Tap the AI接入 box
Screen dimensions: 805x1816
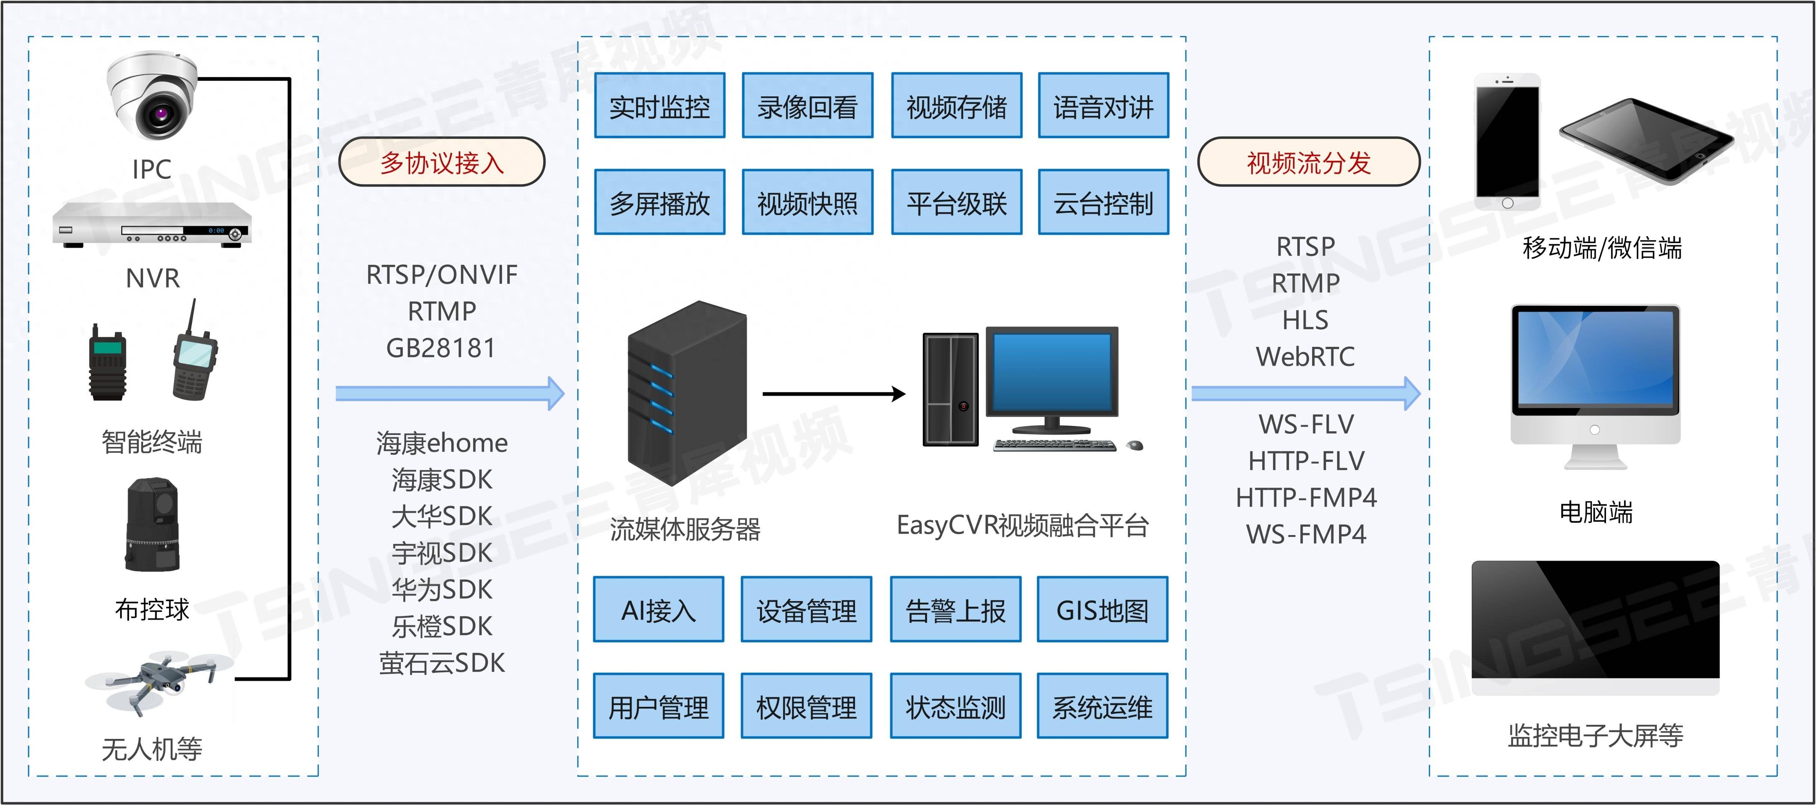658,610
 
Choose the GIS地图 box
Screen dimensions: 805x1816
1102,610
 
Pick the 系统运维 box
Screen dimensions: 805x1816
1102,706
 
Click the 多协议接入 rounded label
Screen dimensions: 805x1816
441,162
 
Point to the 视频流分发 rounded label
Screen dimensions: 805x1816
1308,162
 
